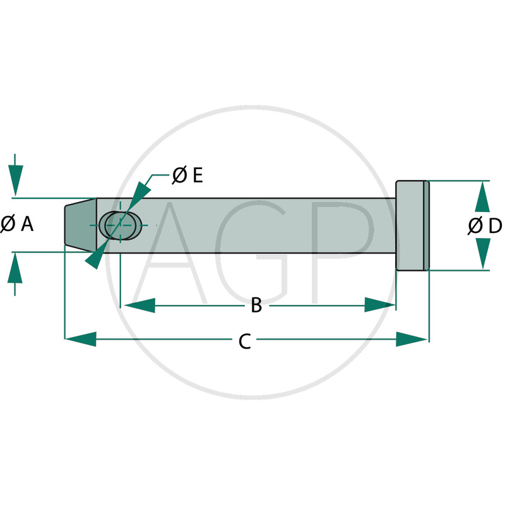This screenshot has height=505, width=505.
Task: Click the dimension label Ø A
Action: point(17,224)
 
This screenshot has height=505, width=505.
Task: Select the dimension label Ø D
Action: point(485,225)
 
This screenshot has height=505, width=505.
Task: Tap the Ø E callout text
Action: point(187,175)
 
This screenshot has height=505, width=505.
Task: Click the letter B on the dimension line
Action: point(256,306)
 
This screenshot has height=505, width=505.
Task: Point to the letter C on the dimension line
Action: point(245,342)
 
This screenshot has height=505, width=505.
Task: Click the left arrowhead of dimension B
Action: point(139,306)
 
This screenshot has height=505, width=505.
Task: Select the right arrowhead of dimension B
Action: point(380,305)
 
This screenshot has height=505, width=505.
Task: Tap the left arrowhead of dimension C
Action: point(81,339)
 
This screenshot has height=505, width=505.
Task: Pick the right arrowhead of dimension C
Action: point(412,339)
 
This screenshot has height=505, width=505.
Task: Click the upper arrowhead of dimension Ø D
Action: point(482,196)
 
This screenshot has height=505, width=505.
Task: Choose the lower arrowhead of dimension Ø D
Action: point(482,254)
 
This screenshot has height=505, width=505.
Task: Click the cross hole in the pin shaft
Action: point(120,225)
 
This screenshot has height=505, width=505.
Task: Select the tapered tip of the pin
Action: point(81,225)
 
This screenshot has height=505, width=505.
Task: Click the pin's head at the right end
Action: point(412,225)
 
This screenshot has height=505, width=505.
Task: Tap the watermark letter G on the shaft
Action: point(251,253)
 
